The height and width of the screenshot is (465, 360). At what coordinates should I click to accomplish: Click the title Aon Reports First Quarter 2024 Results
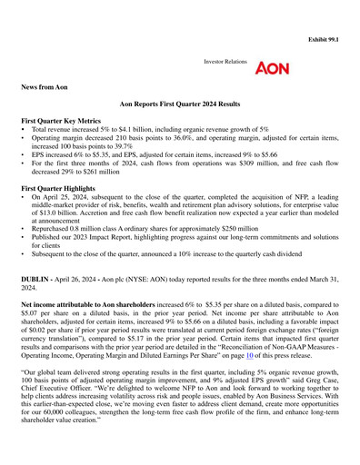click(180, 106)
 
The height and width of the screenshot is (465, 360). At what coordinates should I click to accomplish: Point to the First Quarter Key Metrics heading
click(67, 120)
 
